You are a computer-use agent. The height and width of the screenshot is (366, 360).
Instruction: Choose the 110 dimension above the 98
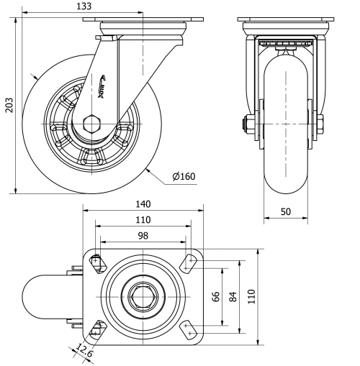(143, 221)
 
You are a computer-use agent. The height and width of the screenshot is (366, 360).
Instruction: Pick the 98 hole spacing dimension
(143, 237)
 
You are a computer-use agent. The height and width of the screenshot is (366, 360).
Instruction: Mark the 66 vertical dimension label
(215, 297)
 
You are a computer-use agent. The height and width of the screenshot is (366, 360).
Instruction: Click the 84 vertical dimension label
(232, 297)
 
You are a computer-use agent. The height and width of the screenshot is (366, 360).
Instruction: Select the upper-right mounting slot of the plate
(189, 264)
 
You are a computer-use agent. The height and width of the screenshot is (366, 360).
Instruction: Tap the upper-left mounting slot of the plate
(97, 262)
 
